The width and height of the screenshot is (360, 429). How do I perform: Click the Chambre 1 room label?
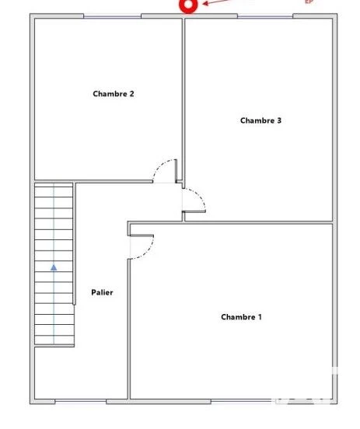click(241, 317)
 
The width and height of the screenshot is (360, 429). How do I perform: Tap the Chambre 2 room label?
click(114, 94)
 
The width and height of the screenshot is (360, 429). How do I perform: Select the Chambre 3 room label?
click(260, 120)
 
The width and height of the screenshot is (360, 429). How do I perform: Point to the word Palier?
click(101, 292)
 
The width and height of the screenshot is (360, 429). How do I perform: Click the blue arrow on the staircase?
click(54, 267)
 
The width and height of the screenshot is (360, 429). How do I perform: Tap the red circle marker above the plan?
click(187, 5)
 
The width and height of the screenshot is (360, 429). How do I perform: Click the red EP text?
click(309, 2)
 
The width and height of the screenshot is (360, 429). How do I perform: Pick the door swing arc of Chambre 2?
click(163, 169)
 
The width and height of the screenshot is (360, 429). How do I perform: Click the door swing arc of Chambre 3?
click(195, 204)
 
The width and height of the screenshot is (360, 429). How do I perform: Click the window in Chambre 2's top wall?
click(113, 16)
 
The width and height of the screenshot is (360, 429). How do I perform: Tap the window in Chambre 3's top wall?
click(264, 16)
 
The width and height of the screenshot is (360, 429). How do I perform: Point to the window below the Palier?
click(80, 401)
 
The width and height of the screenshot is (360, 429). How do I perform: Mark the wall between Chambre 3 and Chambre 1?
click(257, 223)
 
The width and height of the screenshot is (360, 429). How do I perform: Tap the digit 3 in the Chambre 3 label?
click(278, 120)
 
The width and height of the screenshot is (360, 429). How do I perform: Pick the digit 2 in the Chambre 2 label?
click(131, 94)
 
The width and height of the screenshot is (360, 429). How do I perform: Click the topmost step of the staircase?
click(54, 188)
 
